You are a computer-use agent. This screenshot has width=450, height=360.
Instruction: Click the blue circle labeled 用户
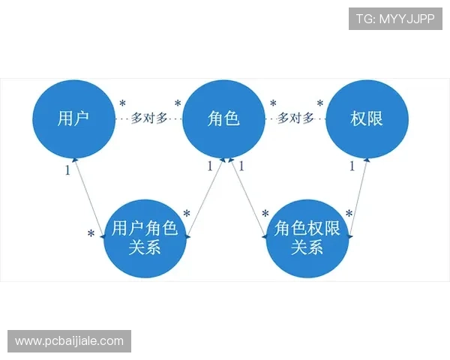tap(73, 118)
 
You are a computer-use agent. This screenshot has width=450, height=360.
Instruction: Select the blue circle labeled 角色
tap(223, 118)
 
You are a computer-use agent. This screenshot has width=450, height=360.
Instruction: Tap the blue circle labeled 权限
tap(367, 118)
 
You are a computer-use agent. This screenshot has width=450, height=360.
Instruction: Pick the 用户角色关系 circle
tap(145, 237)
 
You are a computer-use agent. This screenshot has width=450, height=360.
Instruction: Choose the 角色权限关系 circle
tap(307, 237)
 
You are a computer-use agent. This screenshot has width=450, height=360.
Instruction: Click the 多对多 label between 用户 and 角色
tap(148, 118)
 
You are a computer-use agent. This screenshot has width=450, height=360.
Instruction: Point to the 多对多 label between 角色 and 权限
tap(295, 118)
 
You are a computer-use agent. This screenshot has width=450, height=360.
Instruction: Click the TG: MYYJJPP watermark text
tap(395, 18)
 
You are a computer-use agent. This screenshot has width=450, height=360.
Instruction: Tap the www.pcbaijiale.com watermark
tap(69, 341)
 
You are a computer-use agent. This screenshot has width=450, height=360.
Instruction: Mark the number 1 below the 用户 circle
tap(67, 170)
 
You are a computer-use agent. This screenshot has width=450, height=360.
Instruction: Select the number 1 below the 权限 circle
tap(351, 166)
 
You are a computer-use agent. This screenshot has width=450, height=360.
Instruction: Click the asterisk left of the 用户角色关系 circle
tap(91, 235)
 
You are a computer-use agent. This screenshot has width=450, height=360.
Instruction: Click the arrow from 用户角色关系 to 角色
tap(204, 197)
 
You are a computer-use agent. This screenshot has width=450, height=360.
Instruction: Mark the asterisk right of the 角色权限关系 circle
tap(349, 215)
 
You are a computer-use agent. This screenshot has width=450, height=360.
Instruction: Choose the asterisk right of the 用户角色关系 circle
tap(186, 216)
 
